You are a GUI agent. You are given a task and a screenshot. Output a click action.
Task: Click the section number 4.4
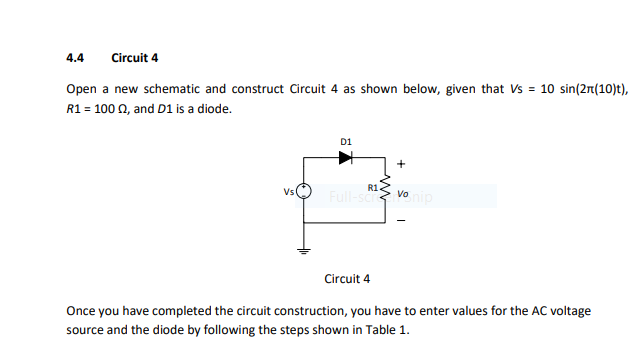point(75,57)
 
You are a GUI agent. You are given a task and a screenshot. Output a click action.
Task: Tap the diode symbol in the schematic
point(346,158)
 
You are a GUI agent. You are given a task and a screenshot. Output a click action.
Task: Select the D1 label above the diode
point(346,142)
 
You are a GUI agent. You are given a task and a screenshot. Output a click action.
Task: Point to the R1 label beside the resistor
point(372,186)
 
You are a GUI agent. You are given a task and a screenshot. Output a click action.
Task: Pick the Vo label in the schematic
point(402,193)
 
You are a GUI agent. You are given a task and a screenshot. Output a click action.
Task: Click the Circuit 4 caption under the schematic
point(347,278)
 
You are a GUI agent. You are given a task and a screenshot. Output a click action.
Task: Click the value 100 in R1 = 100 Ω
point(104,108)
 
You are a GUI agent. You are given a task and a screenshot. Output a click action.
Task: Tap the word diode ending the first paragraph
point(216,108)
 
